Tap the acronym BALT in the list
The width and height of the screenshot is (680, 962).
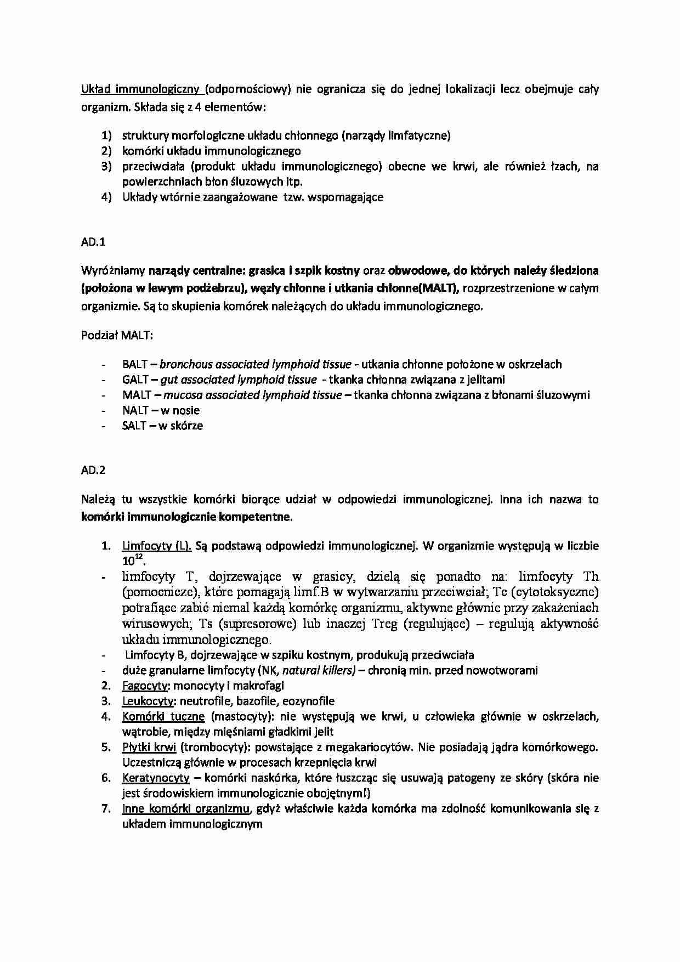tap(135, 364)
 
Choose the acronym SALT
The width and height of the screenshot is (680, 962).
tap(134, 426)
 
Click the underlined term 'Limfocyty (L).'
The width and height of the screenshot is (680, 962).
tap(156, 546)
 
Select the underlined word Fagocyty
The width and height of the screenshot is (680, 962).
tap(145, 686)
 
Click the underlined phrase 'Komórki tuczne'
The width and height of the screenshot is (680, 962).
tap(163, 716)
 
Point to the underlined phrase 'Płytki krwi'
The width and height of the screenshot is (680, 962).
tap(149, 747)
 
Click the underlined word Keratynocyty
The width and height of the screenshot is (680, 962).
tap(156, 778)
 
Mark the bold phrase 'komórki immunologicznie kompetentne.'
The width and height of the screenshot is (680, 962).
tap(187, 517)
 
